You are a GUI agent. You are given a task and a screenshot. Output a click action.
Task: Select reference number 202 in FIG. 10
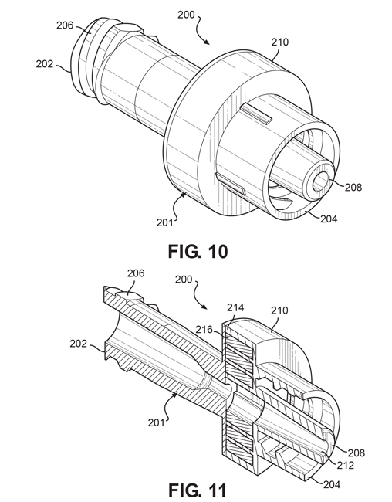point(44,65)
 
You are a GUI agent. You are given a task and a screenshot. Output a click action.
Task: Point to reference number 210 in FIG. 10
point(280,42)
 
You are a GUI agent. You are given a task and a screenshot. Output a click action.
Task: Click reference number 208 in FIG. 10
point(352,187)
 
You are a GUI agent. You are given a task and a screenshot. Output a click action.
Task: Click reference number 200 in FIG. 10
point(186,14)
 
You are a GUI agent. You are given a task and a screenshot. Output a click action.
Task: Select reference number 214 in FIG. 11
point(237,308)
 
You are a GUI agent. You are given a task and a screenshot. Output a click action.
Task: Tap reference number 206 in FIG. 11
point(135,274)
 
